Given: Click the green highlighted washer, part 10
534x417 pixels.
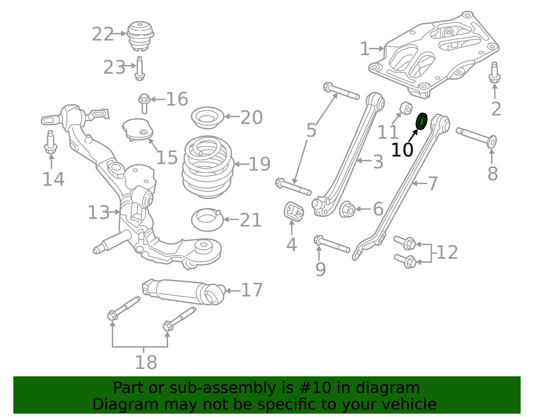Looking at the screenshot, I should (x=422, y=121).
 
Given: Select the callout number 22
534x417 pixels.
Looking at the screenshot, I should (x=103, y=34).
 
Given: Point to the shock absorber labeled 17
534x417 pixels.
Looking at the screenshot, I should (x=184, y=291).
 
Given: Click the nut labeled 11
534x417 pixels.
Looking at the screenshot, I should (x=405, y=108).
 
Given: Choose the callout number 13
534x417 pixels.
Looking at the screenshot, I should (x=98, y=213).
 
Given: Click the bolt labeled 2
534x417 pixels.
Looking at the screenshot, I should (x=494, y=73).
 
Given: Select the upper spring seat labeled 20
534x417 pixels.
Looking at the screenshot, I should (x=207, y=118).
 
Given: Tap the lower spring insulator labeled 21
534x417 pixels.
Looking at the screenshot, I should (x=207, y=220).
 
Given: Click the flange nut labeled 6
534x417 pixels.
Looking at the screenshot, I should (x=347, y=209).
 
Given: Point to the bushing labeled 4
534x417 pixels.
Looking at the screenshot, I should (x=294, y=211).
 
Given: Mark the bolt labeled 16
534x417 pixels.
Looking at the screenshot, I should (x=144, y=103).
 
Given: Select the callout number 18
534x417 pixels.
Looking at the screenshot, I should (x=146, y=362).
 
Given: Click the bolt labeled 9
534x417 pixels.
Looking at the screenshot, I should (x=331, y=245).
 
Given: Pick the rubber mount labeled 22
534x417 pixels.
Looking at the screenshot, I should (x=140, y=36).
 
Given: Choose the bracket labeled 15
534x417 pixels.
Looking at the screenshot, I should (x=138, y=129).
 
